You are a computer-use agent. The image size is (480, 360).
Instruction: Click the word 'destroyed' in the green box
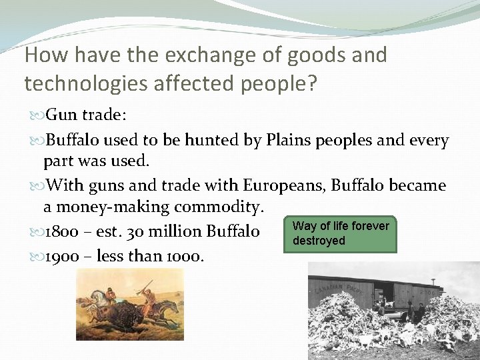319,241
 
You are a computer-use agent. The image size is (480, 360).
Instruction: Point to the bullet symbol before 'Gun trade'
37,115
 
